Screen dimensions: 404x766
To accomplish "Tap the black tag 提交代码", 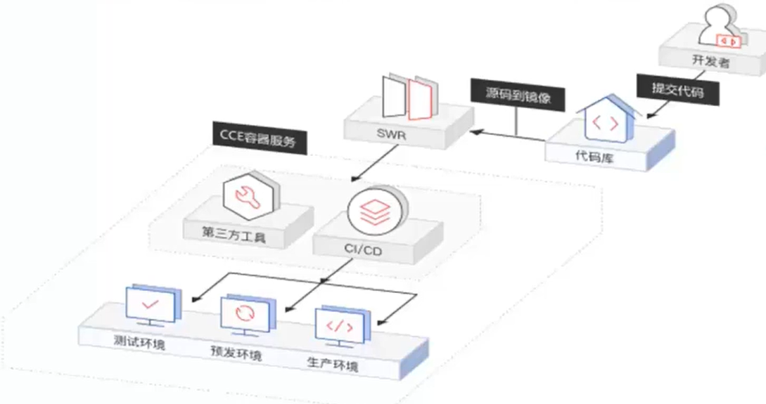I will click(677, 90).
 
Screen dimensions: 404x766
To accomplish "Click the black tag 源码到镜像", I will click(518, 96).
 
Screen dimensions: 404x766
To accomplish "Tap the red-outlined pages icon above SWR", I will click(411, 98).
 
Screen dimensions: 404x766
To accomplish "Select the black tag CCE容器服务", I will click(259, 136).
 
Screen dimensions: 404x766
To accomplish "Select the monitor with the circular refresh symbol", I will click(244, 313).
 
